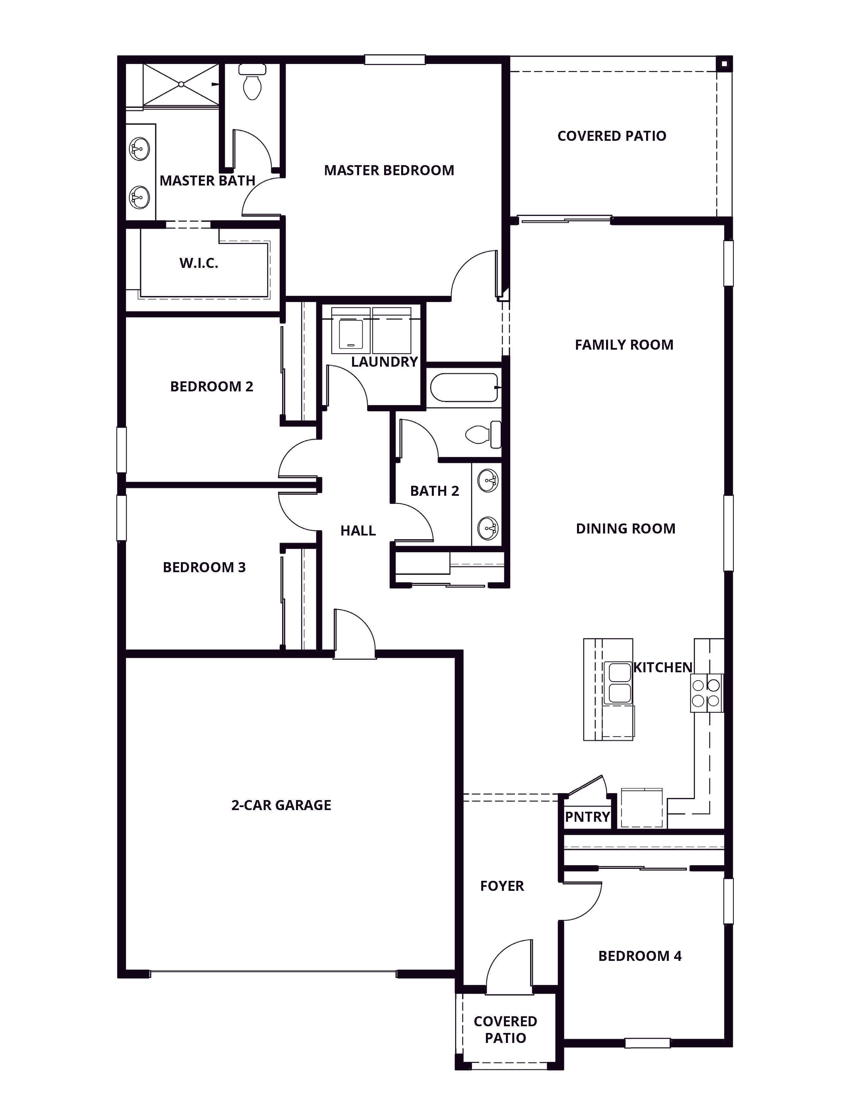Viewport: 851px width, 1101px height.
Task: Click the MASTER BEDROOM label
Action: coord(389,170)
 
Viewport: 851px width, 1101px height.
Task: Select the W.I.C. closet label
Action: coord(199,263)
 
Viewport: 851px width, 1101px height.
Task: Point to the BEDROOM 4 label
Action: coord(640,956)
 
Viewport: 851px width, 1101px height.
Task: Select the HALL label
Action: coord(358,530)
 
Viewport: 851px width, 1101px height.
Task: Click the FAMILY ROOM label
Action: coord(624,345)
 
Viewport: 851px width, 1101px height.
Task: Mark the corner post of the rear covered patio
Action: coord(724,63)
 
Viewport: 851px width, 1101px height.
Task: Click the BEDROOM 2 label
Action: coord(212,387)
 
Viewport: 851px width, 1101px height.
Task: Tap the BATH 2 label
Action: coord(435,491)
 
